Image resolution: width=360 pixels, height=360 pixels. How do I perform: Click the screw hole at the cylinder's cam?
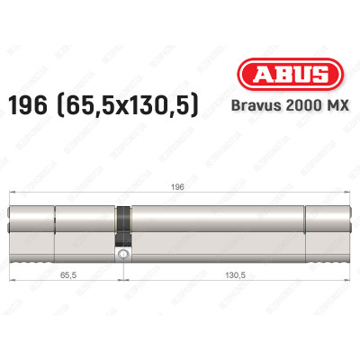tap(121, 256)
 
